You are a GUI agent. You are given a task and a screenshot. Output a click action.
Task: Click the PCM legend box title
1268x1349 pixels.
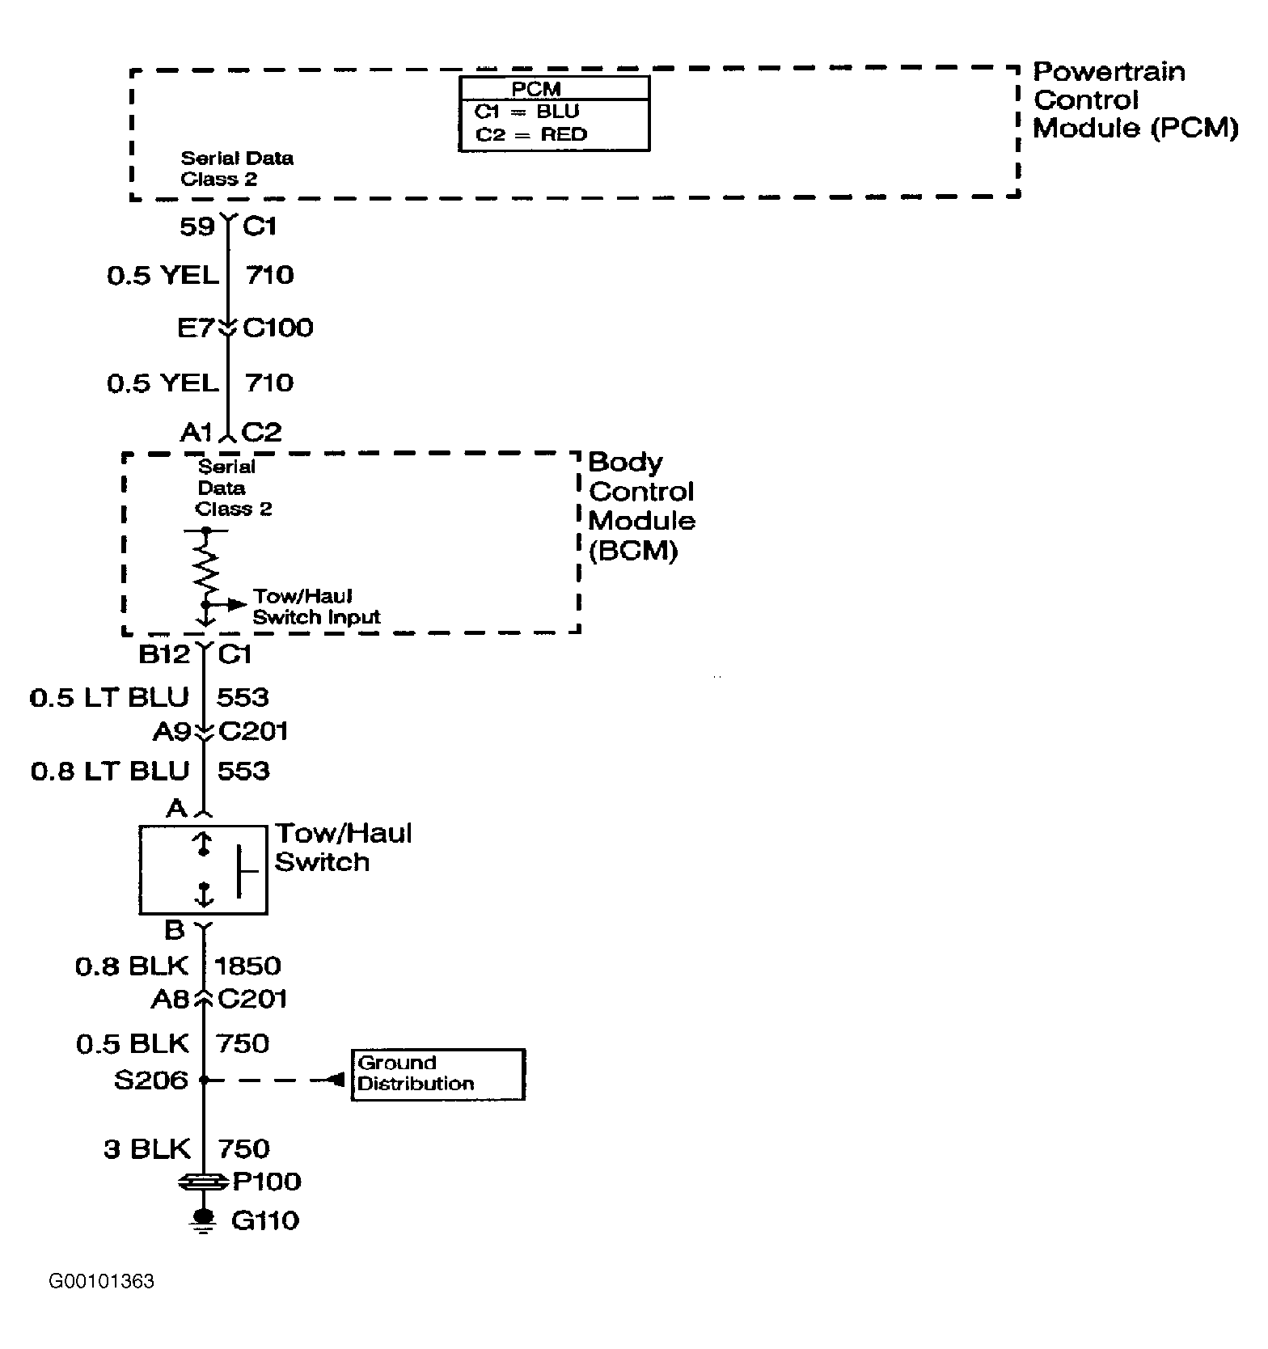click(x=536, y=88)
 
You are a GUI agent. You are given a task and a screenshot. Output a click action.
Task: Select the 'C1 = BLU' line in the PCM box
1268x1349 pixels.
click(x=526, y=112)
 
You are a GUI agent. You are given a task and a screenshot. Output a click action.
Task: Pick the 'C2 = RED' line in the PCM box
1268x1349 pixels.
click(x=530, y=134)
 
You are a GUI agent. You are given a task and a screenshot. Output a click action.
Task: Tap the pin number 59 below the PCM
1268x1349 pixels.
click(x=197, y=226)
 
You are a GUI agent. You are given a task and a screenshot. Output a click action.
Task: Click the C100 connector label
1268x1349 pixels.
click(x=278, y=328)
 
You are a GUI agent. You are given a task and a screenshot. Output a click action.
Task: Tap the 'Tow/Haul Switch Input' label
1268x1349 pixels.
click(x=316, y=607)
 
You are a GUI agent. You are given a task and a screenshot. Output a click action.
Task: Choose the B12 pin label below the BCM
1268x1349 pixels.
click(x=165, y=653)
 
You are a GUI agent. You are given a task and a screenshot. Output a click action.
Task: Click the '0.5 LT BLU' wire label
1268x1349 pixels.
click(x=109, y=697)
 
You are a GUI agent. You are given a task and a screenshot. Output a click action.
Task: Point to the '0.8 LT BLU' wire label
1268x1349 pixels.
click(x=110, y=771)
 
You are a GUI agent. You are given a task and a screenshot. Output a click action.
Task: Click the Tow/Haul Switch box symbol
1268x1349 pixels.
click(x=203, y=869)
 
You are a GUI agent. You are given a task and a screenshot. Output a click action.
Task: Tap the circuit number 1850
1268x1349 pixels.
click(x=248, y=966)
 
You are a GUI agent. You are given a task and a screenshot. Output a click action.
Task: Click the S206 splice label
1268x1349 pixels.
click(x=151, y=1080)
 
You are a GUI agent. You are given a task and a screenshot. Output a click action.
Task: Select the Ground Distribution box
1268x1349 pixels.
click(x=438, y=1075)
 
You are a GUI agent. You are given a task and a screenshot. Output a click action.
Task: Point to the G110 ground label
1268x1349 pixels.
click(x=265, y=1220)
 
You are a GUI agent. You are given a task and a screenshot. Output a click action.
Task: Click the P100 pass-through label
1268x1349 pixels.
click(x=267, y=1182)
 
